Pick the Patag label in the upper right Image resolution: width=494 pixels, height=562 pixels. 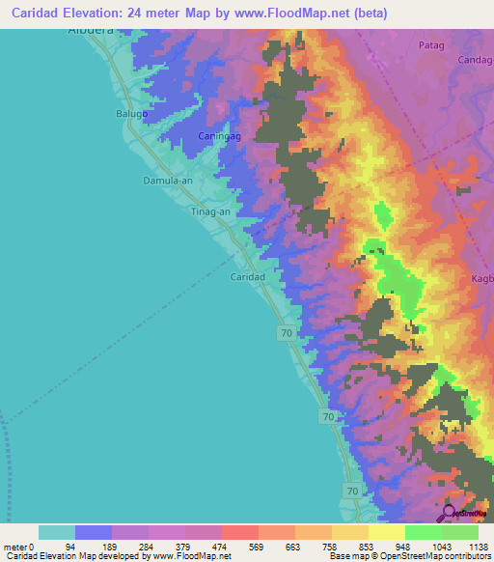431,45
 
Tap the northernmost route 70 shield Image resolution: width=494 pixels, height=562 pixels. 287,333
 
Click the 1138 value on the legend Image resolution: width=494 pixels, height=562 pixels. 476,547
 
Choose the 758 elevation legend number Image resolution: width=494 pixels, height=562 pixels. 332,547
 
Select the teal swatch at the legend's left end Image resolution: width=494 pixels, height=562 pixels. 56,532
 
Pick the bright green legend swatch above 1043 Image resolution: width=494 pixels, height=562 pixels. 423,532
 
